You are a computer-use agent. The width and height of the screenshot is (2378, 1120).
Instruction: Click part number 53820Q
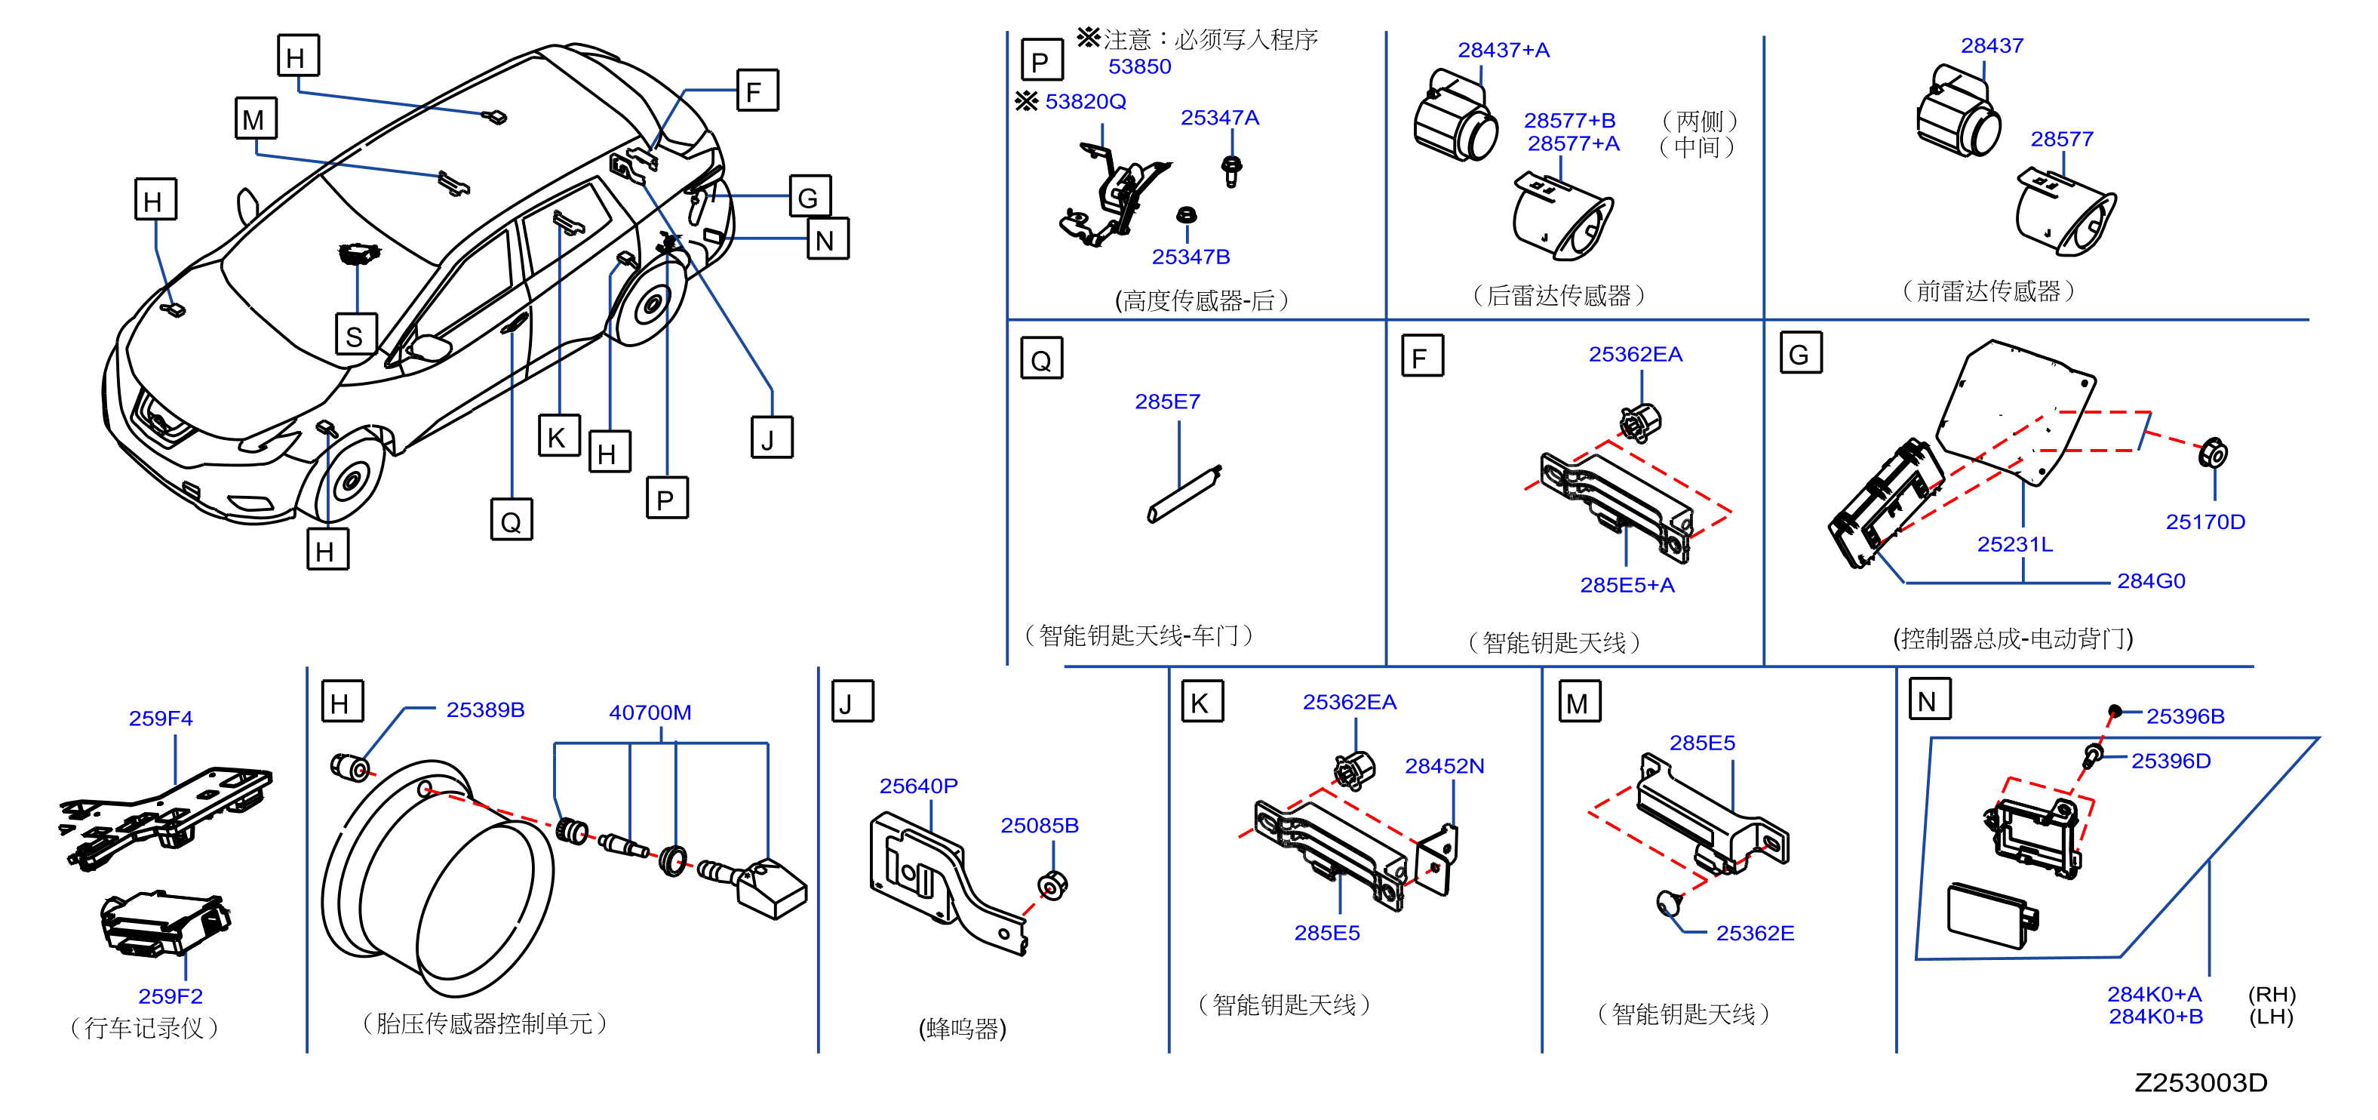pyautogui.click(x=1085, y=102)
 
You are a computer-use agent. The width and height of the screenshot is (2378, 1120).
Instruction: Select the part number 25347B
pyautogui.click(x=1190, y=257)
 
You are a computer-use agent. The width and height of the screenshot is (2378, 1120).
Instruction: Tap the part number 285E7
pyautogui.click(x=1167, y=402)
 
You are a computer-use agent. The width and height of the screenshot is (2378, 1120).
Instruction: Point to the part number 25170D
pyautogui.click(x=2204, y=522)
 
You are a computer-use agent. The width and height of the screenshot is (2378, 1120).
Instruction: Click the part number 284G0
pyautogui.click(x=2151, y=581)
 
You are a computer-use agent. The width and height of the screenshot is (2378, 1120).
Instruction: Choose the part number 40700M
pyautogui.click(x=650, y=712)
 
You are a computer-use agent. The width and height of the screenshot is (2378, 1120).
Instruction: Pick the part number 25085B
pyautogui.click(x=1040, y=826)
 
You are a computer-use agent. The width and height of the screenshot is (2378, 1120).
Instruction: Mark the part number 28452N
pyautogui.click(x=1444, y=766)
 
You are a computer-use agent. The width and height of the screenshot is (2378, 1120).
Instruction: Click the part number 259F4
pyautogui.click(x=161, y=718)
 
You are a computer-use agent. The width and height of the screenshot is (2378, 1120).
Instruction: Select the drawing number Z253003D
pyautogui.click(x=2200, y=1082)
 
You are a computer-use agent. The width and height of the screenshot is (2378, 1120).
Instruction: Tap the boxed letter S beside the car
pyautogui.click(x=355, y=334)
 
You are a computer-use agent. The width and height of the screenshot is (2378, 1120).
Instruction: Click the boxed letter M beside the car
pyautogui.click(x=255, y=118)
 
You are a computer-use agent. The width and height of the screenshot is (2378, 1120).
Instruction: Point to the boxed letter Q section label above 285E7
pyautogui.click(x=1041, y=358)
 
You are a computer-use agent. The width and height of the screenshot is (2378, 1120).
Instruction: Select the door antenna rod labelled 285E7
pyautogui.click(x=1184, y=494)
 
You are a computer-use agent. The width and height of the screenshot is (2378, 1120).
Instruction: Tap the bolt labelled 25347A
pyautogui.click(x=1230, y=171)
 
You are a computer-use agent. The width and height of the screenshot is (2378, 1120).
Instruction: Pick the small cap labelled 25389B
pyautogui.click(x=350, y=766)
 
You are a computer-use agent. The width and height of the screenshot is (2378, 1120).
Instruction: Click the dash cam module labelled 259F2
pyautogui.click(x=164, y=922)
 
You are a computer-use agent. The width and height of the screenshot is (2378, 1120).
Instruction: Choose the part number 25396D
pyautogui.click(x=2171, y=761)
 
